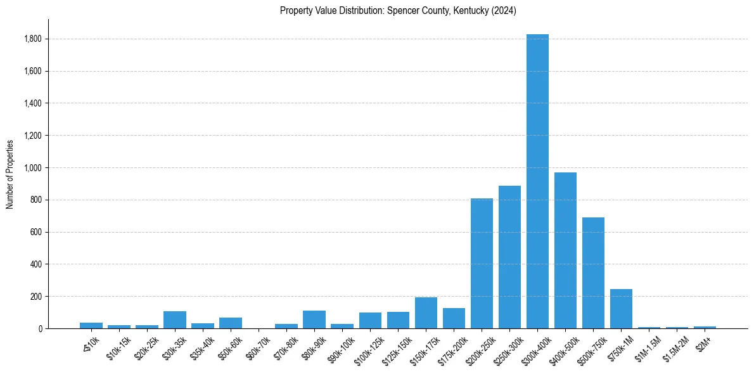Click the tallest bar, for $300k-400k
537,181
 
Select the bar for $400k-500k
565,250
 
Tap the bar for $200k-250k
482,263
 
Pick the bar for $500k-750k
593,273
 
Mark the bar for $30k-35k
174,320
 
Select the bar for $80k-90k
314,319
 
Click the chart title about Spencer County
398,11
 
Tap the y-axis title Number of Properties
10,174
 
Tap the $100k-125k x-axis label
369,348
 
